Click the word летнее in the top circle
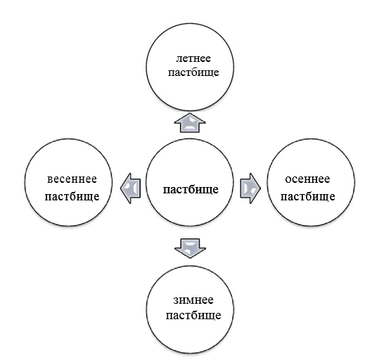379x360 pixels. [x=193, y=59]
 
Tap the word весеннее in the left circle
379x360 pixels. [x=72, y=179]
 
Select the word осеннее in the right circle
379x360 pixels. [x=307, y=179]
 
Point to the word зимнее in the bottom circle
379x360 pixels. [x=193, y=300]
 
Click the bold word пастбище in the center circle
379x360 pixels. [x=191, y=189]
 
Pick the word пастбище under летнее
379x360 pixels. [x=193, y=72]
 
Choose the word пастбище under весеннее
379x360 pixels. [x=72, y=196]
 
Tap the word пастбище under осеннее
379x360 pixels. [x=308, y=196]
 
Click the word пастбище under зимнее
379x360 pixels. [x=193, y=315]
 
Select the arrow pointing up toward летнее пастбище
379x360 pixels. [x=190, y=123]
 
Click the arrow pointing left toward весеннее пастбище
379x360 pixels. [x=131, y=188]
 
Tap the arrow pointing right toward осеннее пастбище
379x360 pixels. [x=250, y=188]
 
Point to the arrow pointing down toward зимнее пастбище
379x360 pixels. [x=190, y=248]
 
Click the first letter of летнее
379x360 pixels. [x=179, y=60]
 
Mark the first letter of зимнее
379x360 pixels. [x=176, y=301]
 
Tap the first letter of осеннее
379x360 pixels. [x=288, y=180]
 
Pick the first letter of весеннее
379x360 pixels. [x=50, y=180]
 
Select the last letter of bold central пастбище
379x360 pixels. [x=215, y=191]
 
